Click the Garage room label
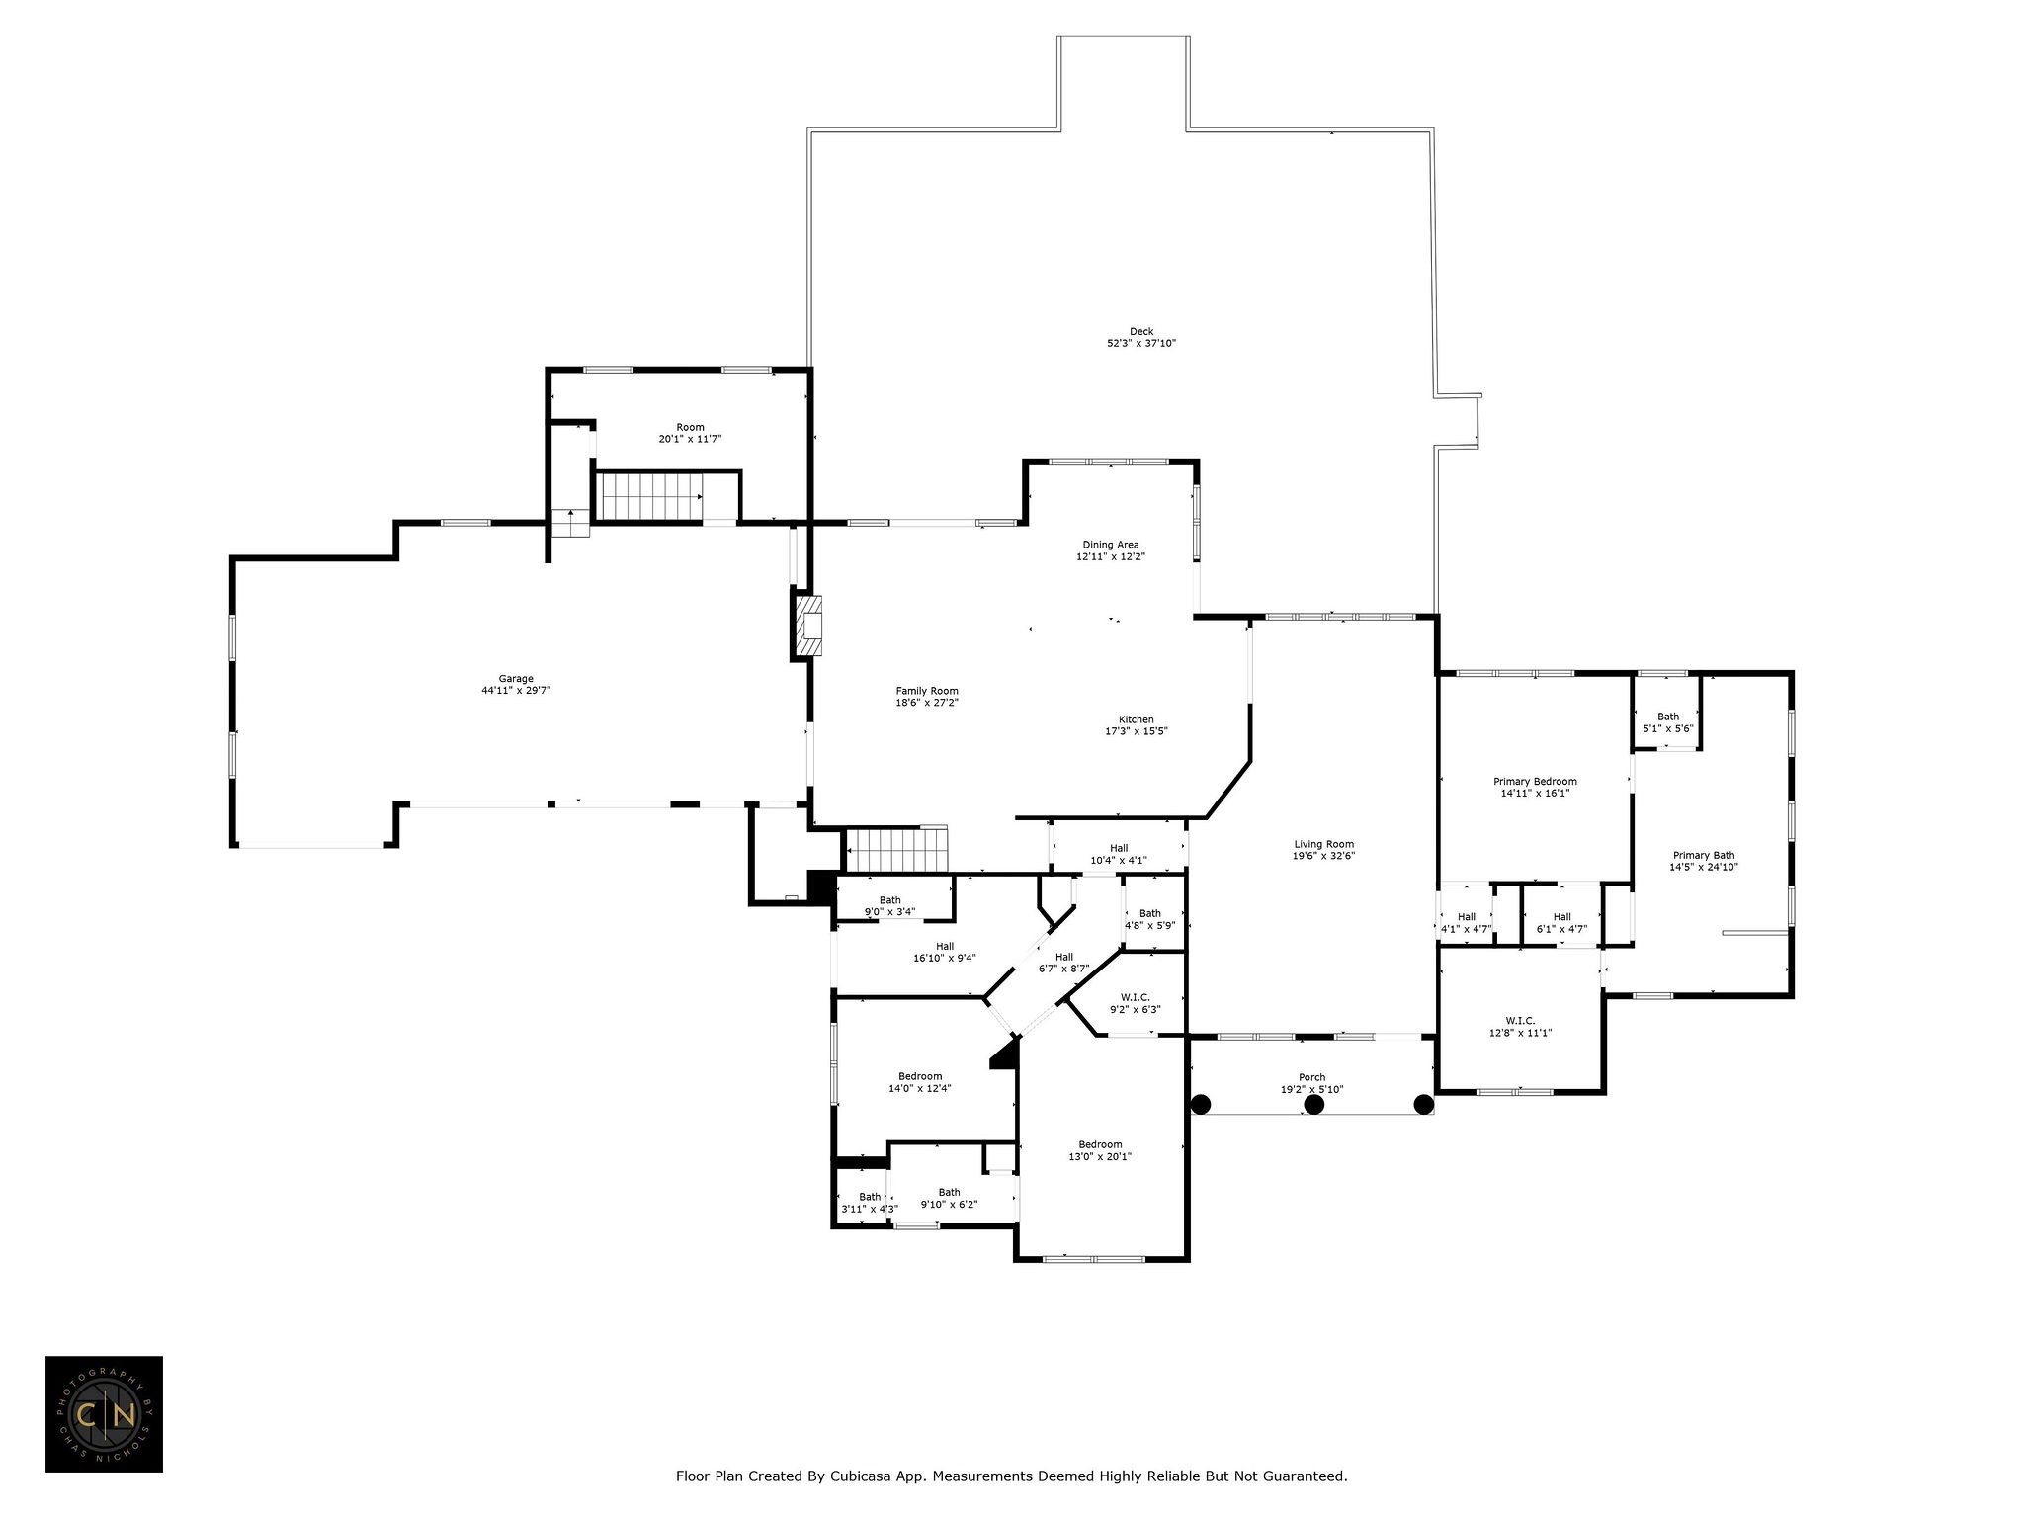[516, 679]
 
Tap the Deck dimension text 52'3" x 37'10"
[1141, 344]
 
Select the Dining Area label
[1111, 545]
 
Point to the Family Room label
[927, 691]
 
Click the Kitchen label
[1137, 719]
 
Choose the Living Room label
[1324, 844]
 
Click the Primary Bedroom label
[1535, 781]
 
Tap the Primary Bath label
[1704, 855]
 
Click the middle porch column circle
[1314, 1105]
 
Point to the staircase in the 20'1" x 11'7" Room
[647, 496]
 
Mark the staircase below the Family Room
[897, 850]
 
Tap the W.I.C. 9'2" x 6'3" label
[1135, 1003]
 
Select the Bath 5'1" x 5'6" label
[1668, 722]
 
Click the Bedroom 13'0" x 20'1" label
[1100, 1150]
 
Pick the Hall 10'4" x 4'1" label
[1119, 854]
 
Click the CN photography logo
[104, 1414]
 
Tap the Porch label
[1311, 1077]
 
